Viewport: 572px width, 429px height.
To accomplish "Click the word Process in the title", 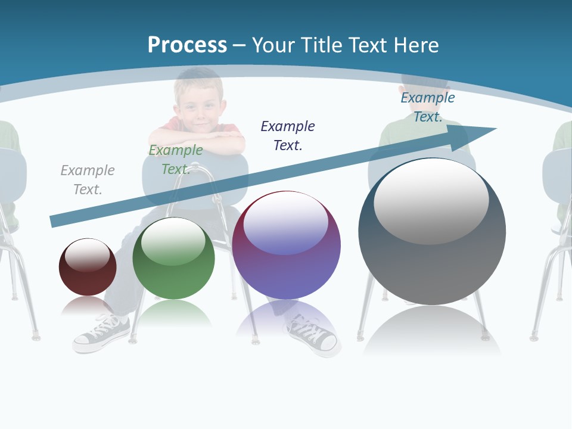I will (x=187, y=45).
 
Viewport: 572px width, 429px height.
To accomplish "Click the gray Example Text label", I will (x=88, y=179).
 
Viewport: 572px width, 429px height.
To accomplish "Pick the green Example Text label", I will (x=176, y=159).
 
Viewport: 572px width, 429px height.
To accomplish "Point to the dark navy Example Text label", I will (x=288, y=135).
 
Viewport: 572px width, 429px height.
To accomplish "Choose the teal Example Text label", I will (x=427, y=107).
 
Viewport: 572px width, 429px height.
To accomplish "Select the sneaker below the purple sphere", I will (x=312, y=338).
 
